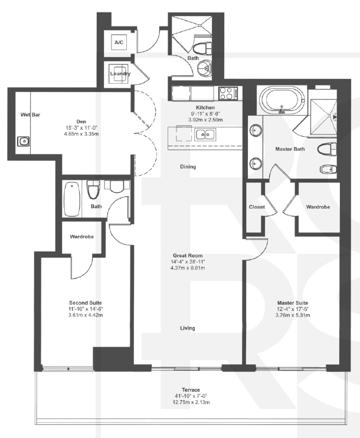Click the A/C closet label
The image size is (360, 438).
click(x=119, y=43)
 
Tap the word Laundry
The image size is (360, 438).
click(x=120, y=74)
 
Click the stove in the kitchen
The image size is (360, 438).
click(x=227, y=93)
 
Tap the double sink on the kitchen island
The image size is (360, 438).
click(x=204, y=134)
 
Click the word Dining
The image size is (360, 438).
click(x=188, y=167)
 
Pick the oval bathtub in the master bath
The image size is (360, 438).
click(x=282, y=100)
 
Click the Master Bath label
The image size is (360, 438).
click(x=289, y=149)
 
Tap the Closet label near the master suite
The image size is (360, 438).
click(x=257, y=207)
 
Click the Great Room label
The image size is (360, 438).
click(x=188, y=255)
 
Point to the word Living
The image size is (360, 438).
click(x=188, y=328)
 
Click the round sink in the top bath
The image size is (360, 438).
click(x=204, y=67)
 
